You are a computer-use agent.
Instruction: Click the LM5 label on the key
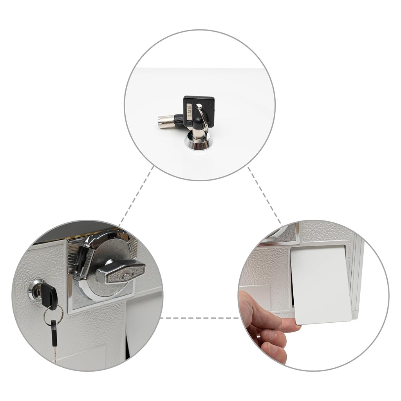click(189, 111)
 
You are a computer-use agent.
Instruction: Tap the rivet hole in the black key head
click(198, 105)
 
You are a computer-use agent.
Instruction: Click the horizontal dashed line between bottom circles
click(199, 318)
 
